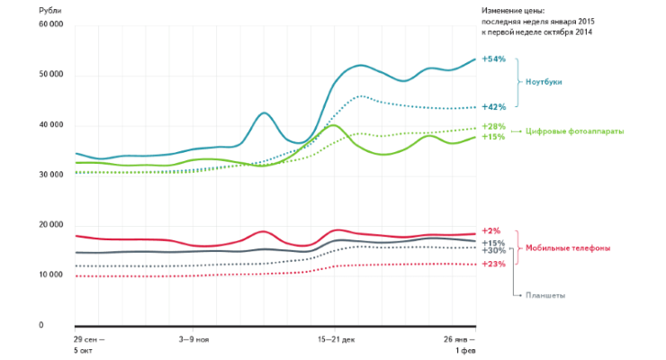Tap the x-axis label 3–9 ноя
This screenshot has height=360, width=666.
194,340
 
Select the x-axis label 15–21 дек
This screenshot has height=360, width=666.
336,340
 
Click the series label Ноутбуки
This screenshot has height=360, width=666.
544,82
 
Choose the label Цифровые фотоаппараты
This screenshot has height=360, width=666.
575,131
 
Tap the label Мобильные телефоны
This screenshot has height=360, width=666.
569,247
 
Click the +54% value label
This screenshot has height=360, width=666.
493,58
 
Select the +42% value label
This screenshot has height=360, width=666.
493,107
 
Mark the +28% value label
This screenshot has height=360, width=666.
493,126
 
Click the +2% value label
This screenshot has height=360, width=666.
490,231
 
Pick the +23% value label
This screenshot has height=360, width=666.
493,264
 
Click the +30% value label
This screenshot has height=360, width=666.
493,250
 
